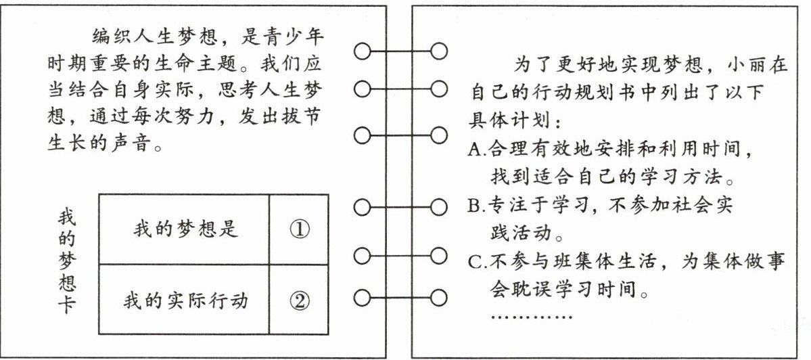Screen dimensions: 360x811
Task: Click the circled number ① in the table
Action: [298, 229]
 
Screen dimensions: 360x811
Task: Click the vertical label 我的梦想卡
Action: [66, 261]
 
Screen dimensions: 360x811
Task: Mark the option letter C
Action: [473, 262]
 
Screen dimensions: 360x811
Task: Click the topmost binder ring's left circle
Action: [363, 51]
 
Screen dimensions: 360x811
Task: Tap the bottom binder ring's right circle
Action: [439, 297]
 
